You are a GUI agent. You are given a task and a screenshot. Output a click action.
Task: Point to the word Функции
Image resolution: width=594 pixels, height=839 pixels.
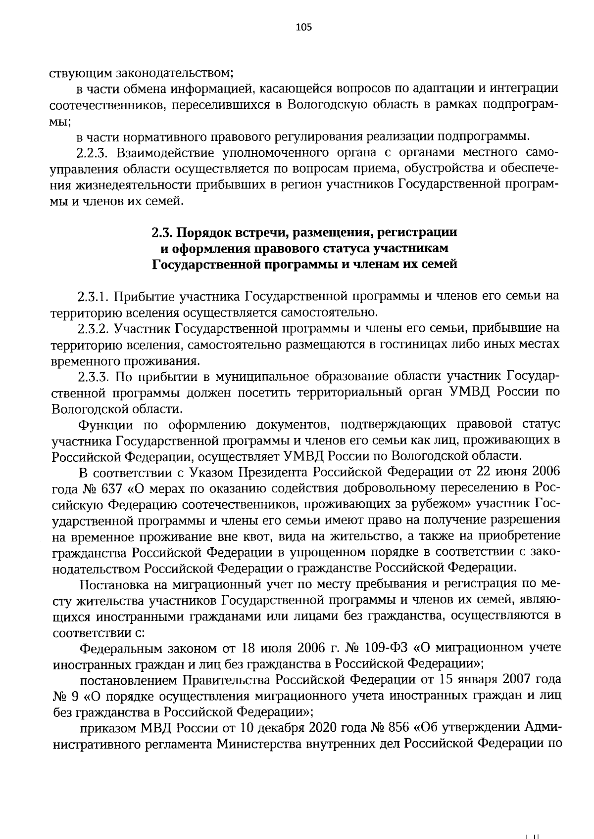point(106,424)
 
